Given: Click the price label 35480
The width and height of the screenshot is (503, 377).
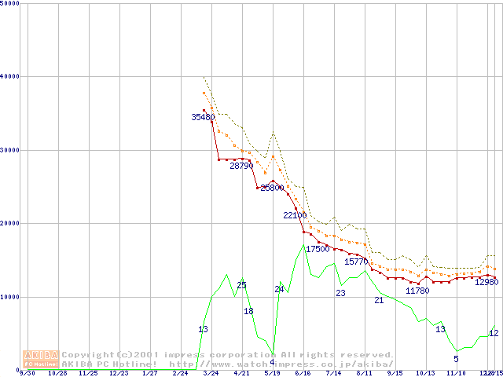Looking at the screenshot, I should [x=203, y=117].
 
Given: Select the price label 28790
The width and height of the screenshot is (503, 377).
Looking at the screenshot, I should [x=242, y=166].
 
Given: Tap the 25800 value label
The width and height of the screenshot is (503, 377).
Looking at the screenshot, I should [x=273, y=188].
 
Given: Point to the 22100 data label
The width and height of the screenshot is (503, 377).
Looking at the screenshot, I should [x=296, y=214].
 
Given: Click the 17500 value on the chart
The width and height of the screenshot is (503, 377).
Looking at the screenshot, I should [x=318, y=249].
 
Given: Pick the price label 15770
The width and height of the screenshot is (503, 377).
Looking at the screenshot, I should [x=357, y=262].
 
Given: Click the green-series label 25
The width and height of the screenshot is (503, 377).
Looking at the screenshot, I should [x=241, y=285].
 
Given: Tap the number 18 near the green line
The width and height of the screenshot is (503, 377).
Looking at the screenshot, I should [x=248, y=311].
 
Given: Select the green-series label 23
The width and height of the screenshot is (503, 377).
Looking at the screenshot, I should [x=340, y=293].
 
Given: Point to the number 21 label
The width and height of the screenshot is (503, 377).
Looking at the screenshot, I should [x=378, y=300].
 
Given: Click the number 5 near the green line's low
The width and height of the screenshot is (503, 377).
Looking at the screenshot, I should [x=456, y=359].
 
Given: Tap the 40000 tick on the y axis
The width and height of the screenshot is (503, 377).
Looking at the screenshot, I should [x=10, y=76].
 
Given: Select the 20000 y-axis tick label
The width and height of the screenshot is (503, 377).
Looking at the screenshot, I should [x=10, y=223].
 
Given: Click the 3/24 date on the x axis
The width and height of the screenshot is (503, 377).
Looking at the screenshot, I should [x=211, y=374].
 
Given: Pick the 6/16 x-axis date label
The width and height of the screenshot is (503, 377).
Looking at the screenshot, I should [x=303, y=374].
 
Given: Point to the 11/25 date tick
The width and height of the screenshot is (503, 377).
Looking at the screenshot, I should [x=88, y=374].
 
